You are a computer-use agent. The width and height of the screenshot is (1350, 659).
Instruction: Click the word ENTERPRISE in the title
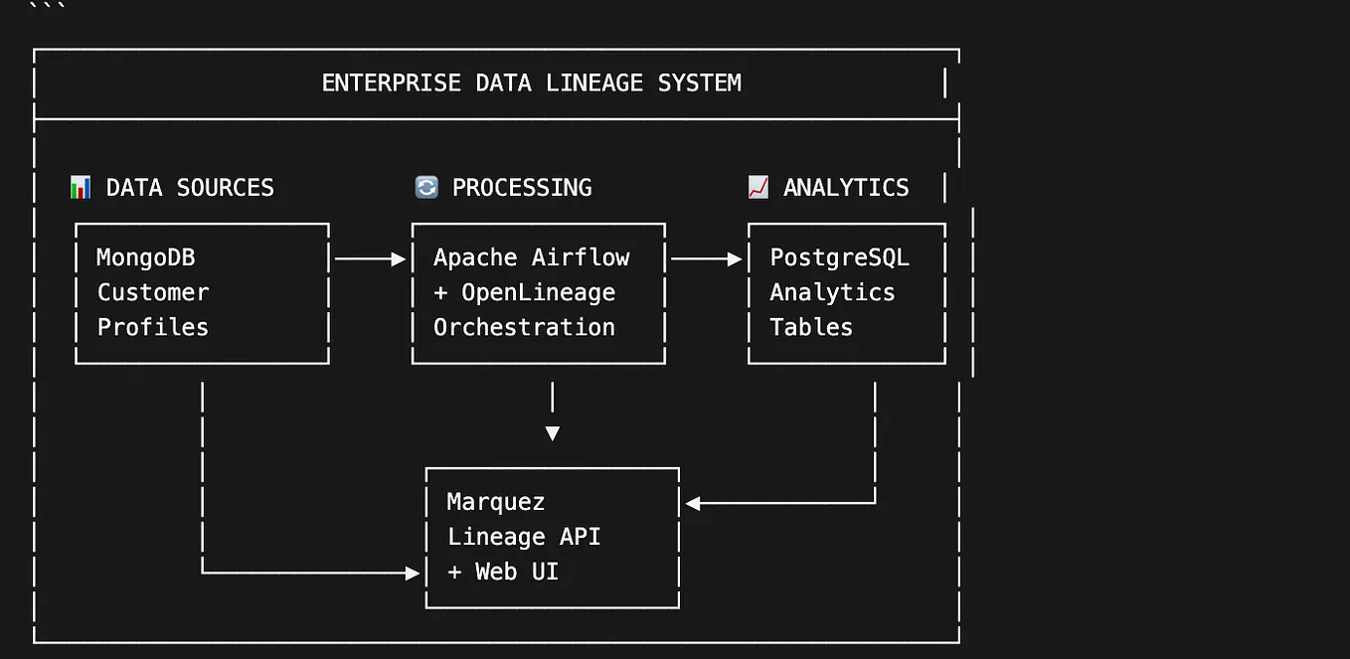point(391,82)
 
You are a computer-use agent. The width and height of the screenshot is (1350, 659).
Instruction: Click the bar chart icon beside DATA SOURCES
point(81,187)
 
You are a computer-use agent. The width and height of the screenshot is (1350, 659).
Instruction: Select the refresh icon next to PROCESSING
point(426,187)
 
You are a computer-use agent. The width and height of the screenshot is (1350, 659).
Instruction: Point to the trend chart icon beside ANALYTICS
point(759,187)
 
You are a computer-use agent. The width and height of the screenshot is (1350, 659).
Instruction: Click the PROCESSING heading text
point(522,188)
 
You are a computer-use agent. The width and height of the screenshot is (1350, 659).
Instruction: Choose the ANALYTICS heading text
point(846,188)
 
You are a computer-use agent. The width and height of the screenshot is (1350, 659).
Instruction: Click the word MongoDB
point(146,257)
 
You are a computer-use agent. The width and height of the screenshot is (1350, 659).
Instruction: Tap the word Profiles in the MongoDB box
point(153,327)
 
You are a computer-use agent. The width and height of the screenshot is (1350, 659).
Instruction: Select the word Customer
point(153,292)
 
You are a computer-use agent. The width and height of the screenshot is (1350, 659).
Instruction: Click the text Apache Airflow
point(532,257)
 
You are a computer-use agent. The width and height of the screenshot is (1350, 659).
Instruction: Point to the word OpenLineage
point(538,292)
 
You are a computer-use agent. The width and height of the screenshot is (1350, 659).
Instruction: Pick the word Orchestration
point(524,327)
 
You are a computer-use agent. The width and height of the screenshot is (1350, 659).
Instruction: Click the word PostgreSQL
point(839,257)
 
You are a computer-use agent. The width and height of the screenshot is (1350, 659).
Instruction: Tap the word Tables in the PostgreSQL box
point(811,327)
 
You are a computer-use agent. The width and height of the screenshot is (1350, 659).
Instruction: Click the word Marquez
point(496,502)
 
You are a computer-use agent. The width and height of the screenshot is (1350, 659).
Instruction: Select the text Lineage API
point(524,537)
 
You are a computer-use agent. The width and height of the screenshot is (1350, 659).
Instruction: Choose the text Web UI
point(517,572)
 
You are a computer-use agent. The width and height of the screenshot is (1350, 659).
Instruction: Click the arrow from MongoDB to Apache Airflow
point(370,258)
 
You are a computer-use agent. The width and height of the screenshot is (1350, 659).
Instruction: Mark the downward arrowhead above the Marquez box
point(553,433)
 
